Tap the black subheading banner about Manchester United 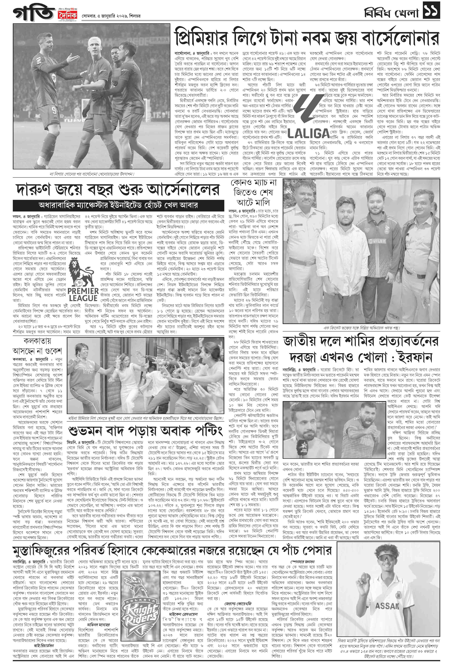(118, 205)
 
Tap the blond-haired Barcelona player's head (95, 43)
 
